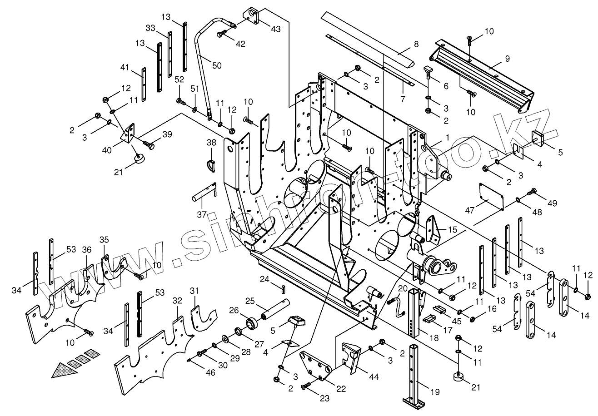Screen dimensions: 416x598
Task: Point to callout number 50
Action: click(217, 65)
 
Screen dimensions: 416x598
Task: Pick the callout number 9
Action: click(507, 58)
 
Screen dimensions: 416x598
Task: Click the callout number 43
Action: click(275, 29)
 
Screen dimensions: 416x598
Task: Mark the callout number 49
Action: click(552, 203)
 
